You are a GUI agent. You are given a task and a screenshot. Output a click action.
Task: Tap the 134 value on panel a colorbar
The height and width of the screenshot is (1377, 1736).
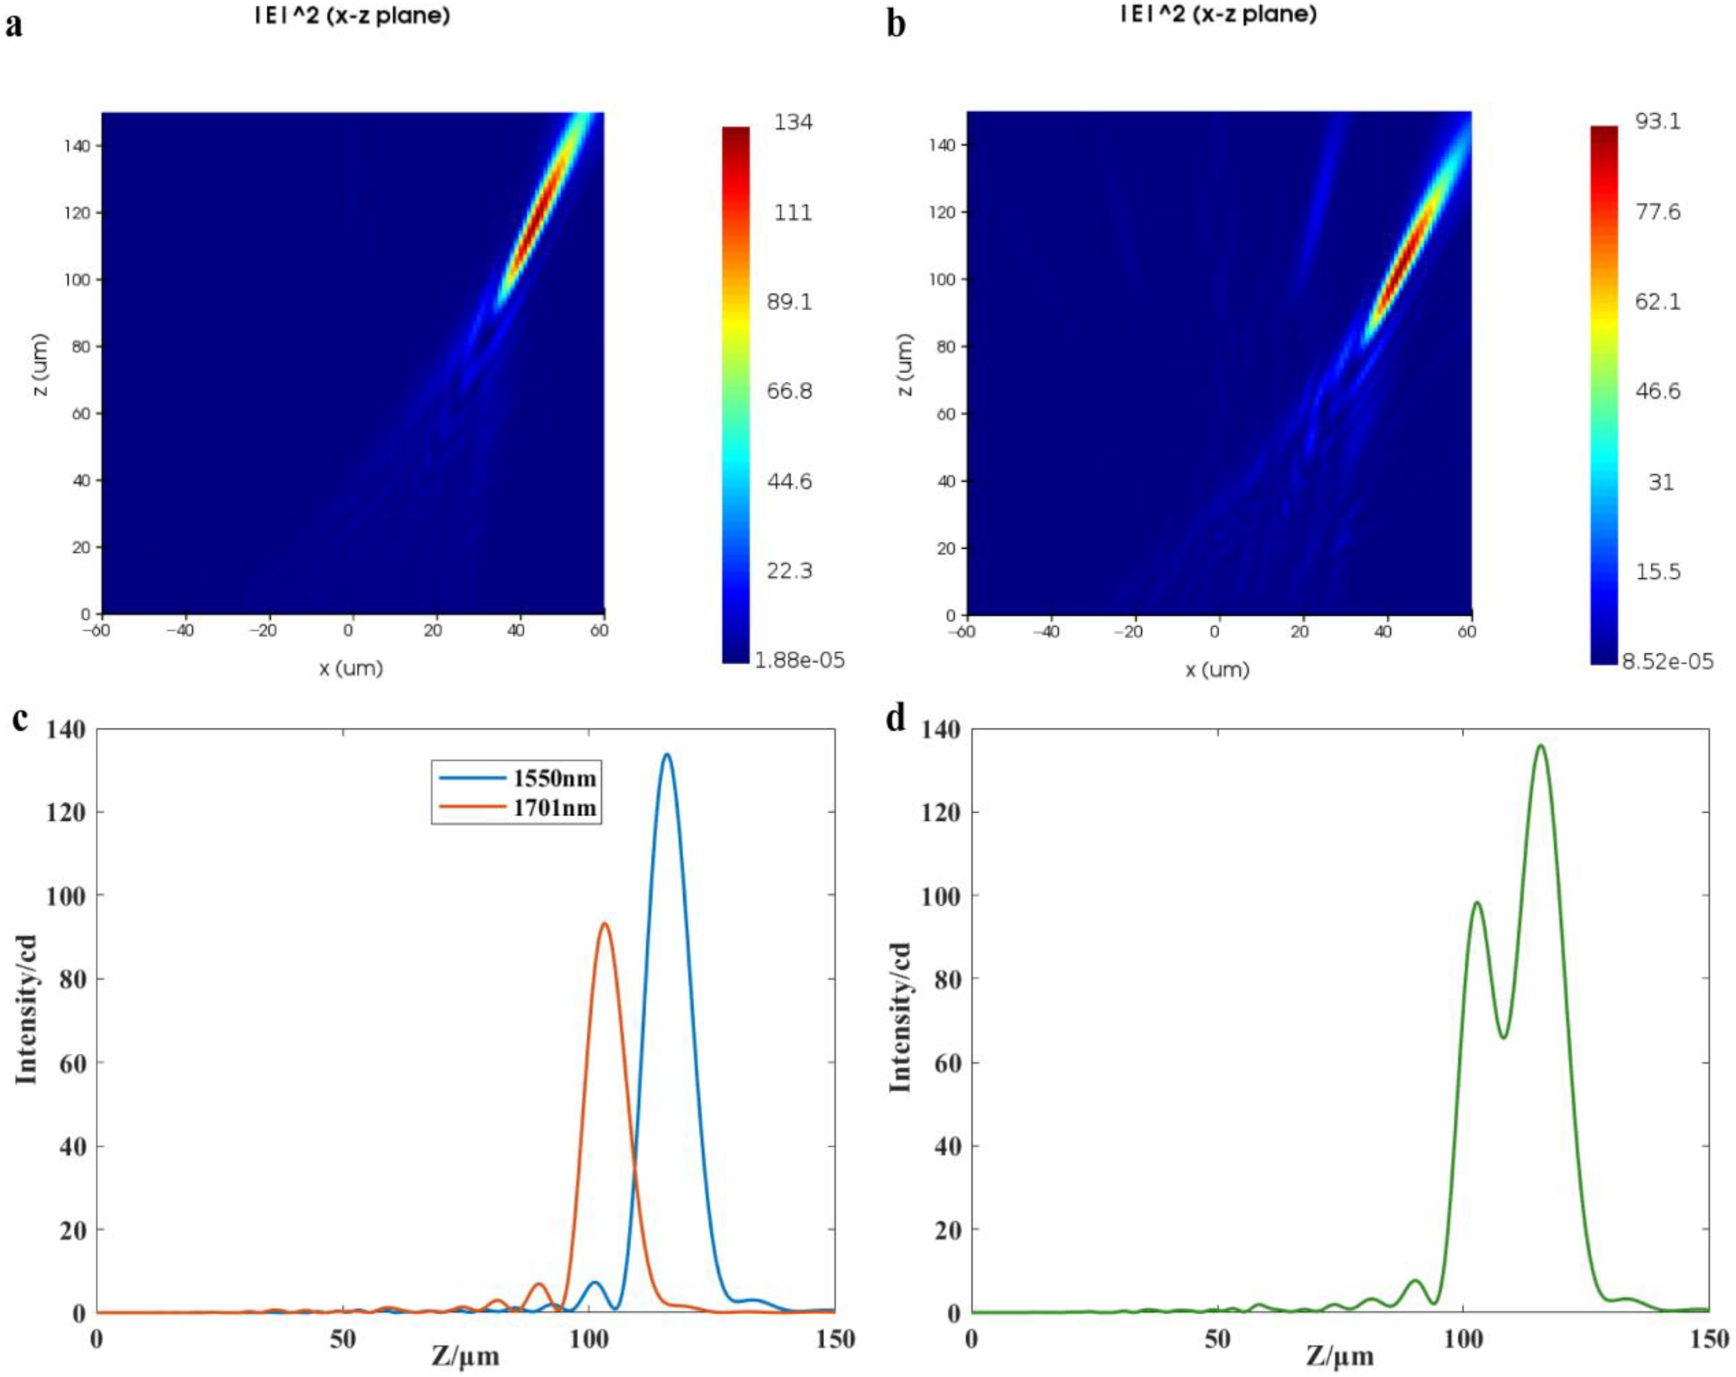coord(793,123)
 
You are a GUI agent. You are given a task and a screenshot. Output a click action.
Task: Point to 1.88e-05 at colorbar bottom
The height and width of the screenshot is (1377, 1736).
coord(799,660)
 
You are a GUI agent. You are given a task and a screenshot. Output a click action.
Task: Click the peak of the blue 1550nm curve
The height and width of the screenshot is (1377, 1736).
coord(667,755)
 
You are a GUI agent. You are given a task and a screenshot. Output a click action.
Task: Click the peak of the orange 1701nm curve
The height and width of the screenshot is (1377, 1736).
coord(604,924)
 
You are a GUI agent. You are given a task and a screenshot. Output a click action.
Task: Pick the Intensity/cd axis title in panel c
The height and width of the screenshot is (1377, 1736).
coord(26,1009)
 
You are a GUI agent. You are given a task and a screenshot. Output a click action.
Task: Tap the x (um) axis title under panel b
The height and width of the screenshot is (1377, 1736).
coord(1217,669)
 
